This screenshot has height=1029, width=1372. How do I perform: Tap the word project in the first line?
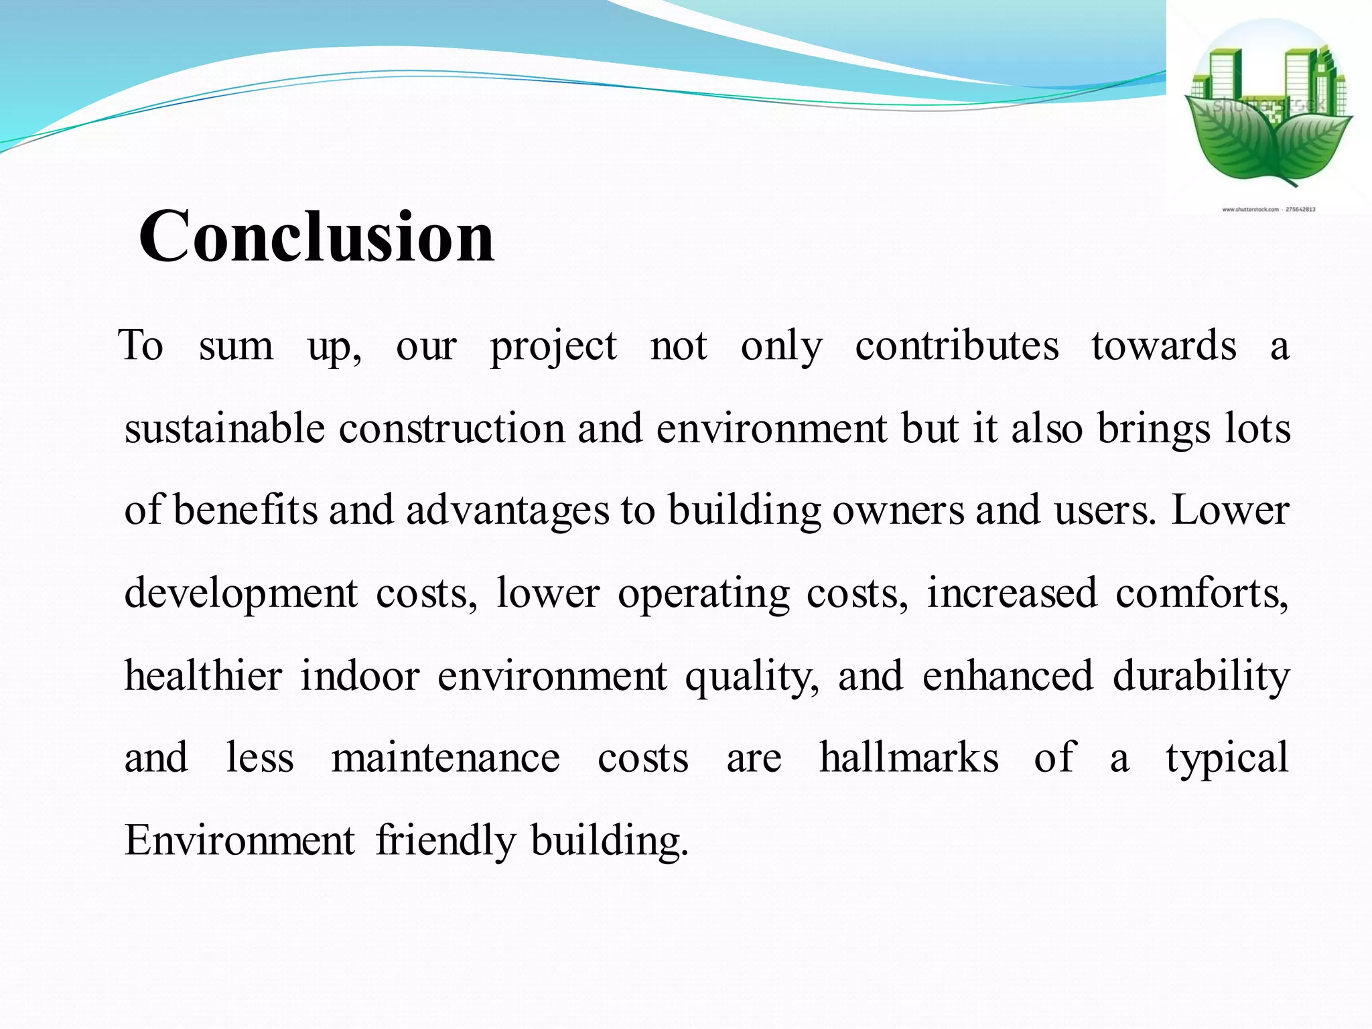click(553, 347)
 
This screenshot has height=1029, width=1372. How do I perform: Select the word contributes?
click(957, 346)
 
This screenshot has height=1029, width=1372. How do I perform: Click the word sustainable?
click(224, 428)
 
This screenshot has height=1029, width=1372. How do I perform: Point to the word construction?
click(452, 428)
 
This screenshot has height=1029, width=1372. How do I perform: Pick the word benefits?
click(246, 510)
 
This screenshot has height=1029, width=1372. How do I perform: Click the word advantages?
click(508, 511)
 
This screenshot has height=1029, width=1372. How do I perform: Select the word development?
click(241, 594)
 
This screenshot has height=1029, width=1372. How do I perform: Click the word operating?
click(703, 594)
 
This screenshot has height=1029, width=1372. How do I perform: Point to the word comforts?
click(1201, 593)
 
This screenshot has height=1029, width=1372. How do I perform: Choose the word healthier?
click(203, 675)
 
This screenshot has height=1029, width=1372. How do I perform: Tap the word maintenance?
click(445, 758)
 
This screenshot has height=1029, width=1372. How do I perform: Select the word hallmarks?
click(909, 758)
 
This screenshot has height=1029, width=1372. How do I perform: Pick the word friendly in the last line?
click(445, 841)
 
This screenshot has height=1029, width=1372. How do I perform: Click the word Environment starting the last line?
click(239, 840)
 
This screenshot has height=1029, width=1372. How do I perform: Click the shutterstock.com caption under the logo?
click(1268, 209)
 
